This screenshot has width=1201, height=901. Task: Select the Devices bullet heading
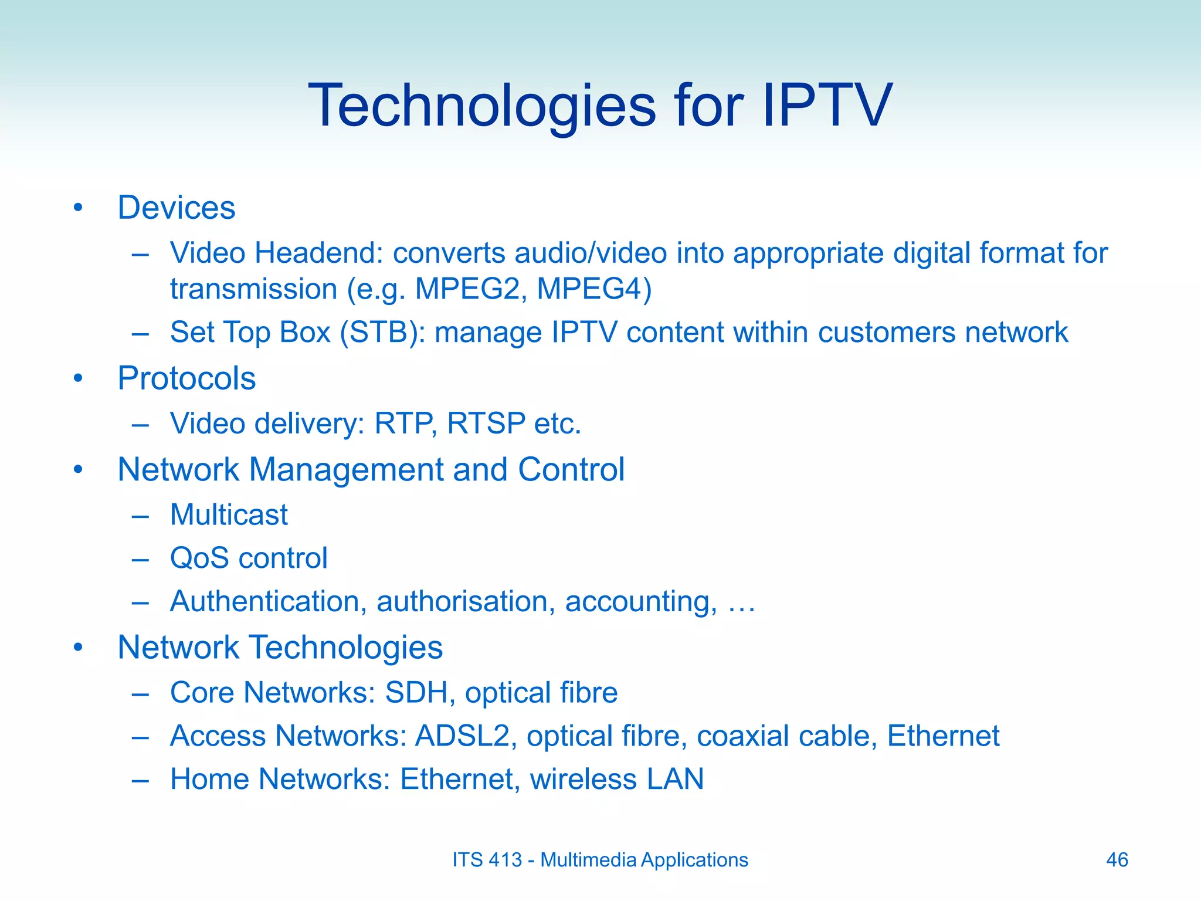coord(176,208)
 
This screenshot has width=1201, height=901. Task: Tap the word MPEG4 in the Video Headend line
coord(593,289)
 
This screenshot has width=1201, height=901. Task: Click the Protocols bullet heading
coord(186,378)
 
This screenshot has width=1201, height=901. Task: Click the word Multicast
coord(229,515)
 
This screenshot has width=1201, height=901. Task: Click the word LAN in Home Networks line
coord(674,780)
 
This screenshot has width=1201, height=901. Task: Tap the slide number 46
coord(1117,860)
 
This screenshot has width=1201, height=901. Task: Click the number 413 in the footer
coord(505,860)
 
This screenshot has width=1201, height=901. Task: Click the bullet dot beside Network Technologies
coord(78,648)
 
